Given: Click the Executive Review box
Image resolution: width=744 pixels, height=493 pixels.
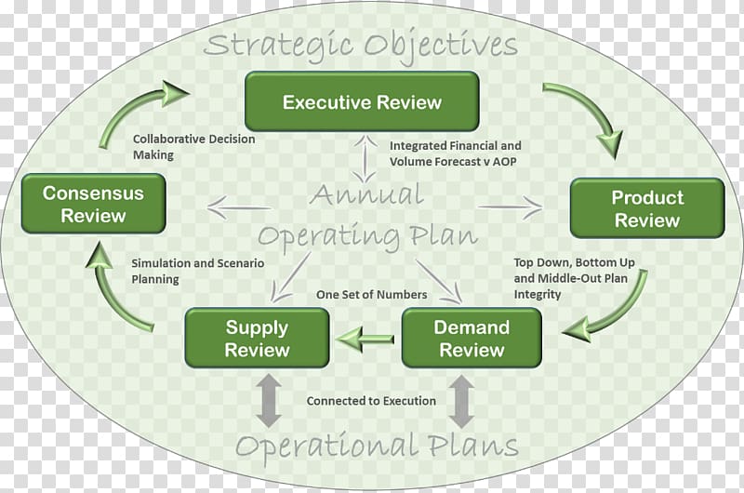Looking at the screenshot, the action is (362, 101).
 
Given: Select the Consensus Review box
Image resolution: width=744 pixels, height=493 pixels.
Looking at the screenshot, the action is (94, 204).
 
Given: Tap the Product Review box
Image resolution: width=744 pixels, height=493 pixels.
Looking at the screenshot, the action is (647, 208).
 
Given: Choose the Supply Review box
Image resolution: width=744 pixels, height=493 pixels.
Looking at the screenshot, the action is (258, 338).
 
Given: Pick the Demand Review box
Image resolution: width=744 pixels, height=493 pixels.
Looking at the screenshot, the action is (472, 338).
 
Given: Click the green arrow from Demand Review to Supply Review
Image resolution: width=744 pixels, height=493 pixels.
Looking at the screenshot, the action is (365, 340).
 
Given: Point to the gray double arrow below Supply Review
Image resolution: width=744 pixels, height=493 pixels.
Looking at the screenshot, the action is (269, 401).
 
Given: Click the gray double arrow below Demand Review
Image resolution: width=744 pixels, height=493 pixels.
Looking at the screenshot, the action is (461, 402).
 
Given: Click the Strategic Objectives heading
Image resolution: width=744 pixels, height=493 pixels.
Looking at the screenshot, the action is (361, 46).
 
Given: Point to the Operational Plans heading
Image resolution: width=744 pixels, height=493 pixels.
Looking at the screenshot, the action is (377, 446).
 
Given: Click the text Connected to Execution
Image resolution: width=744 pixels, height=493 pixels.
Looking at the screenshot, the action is (371, 401).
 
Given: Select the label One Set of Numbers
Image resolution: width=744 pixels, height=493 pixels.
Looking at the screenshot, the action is (371, 295).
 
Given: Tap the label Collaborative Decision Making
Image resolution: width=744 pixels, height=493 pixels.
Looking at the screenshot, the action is (193, 147).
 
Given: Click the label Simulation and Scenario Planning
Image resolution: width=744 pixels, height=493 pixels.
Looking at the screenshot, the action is (197, 271).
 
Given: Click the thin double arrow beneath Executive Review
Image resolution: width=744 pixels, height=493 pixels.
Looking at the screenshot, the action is (365, 159).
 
